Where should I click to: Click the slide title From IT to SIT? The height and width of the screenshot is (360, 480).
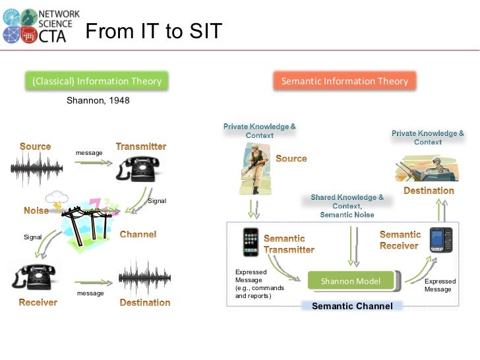(154, 31)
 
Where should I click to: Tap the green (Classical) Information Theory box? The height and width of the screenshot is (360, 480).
(97, 81)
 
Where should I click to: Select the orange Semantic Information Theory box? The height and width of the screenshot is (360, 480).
(345, 81)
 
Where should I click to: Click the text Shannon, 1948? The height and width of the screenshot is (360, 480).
(98, 101)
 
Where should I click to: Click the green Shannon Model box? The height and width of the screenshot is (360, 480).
(350, 281)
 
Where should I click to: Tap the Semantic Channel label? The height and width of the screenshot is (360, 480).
(352, 306)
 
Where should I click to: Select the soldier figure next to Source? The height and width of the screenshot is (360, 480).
(254, 168)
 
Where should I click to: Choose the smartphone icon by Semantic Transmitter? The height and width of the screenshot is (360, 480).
(251, 243)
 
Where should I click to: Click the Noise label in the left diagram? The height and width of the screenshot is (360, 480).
(36, 211)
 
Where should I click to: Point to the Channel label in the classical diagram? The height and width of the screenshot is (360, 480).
(138, 235)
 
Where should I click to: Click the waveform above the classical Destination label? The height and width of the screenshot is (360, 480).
(144, 278)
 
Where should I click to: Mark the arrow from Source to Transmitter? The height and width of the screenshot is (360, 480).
(90, 165)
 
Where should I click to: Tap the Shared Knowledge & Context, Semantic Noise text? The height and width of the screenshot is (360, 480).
(347, 206)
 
